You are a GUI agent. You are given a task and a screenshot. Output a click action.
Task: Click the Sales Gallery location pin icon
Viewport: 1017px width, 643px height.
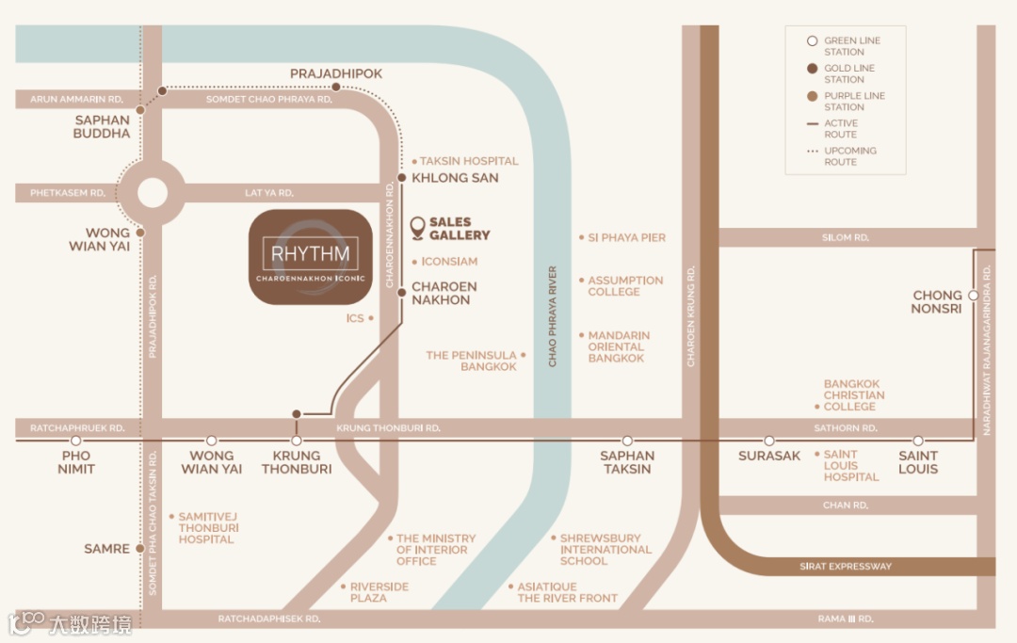point(418,227)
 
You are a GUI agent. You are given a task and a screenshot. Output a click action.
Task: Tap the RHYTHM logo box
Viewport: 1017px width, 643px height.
point(311,257)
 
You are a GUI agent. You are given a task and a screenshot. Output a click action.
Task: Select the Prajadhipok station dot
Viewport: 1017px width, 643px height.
point(336,88)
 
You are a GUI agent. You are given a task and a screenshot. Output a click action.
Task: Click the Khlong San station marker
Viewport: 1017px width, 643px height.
point(402,178)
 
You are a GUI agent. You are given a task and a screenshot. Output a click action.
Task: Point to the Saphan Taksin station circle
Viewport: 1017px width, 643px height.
point(627,441)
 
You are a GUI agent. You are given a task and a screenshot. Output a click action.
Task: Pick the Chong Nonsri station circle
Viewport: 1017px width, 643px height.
point(973,295)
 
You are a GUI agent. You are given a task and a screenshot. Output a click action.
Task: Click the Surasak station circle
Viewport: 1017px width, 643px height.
point(769,441)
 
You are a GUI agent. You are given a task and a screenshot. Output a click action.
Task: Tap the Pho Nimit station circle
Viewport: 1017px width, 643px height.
point(76,441)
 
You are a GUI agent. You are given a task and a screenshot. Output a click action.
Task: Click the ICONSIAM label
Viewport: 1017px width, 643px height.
point(449,262)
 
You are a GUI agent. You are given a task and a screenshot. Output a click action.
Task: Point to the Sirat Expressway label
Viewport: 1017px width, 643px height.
point(845,567)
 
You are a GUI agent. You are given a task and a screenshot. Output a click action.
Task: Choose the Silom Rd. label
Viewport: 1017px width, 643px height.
point(846,238)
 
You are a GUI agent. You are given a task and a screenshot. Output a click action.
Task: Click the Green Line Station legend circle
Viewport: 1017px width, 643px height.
point(812,41)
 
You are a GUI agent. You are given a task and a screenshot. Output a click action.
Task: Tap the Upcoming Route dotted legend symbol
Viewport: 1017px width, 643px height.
point(812,152)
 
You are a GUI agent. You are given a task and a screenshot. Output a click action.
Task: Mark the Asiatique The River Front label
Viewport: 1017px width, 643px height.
point(568,592)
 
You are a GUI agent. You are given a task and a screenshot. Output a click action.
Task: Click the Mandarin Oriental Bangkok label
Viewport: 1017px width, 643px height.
point(619,346)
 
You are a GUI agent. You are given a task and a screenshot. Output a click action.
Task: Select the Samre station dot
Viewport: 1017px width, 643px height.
point(139,548)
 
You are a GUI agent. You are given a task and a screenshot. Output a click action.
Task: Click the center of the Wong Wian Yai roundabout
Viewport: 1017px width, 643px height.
point(152,192)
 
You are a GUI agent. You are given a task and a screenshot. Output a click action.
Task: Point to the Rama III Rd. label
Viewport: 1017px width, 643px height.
point(845,619)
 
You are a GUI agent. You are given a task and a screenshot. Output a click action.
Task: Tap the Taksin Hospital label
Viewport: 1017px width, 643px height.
point(469,161)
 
